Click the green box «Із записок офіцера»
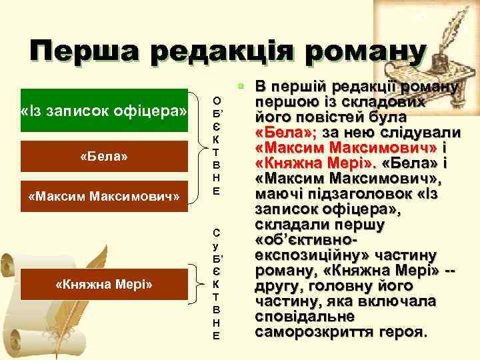104,109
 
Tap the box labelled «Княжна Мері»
104,285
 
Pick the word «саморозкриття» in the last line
306,332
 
